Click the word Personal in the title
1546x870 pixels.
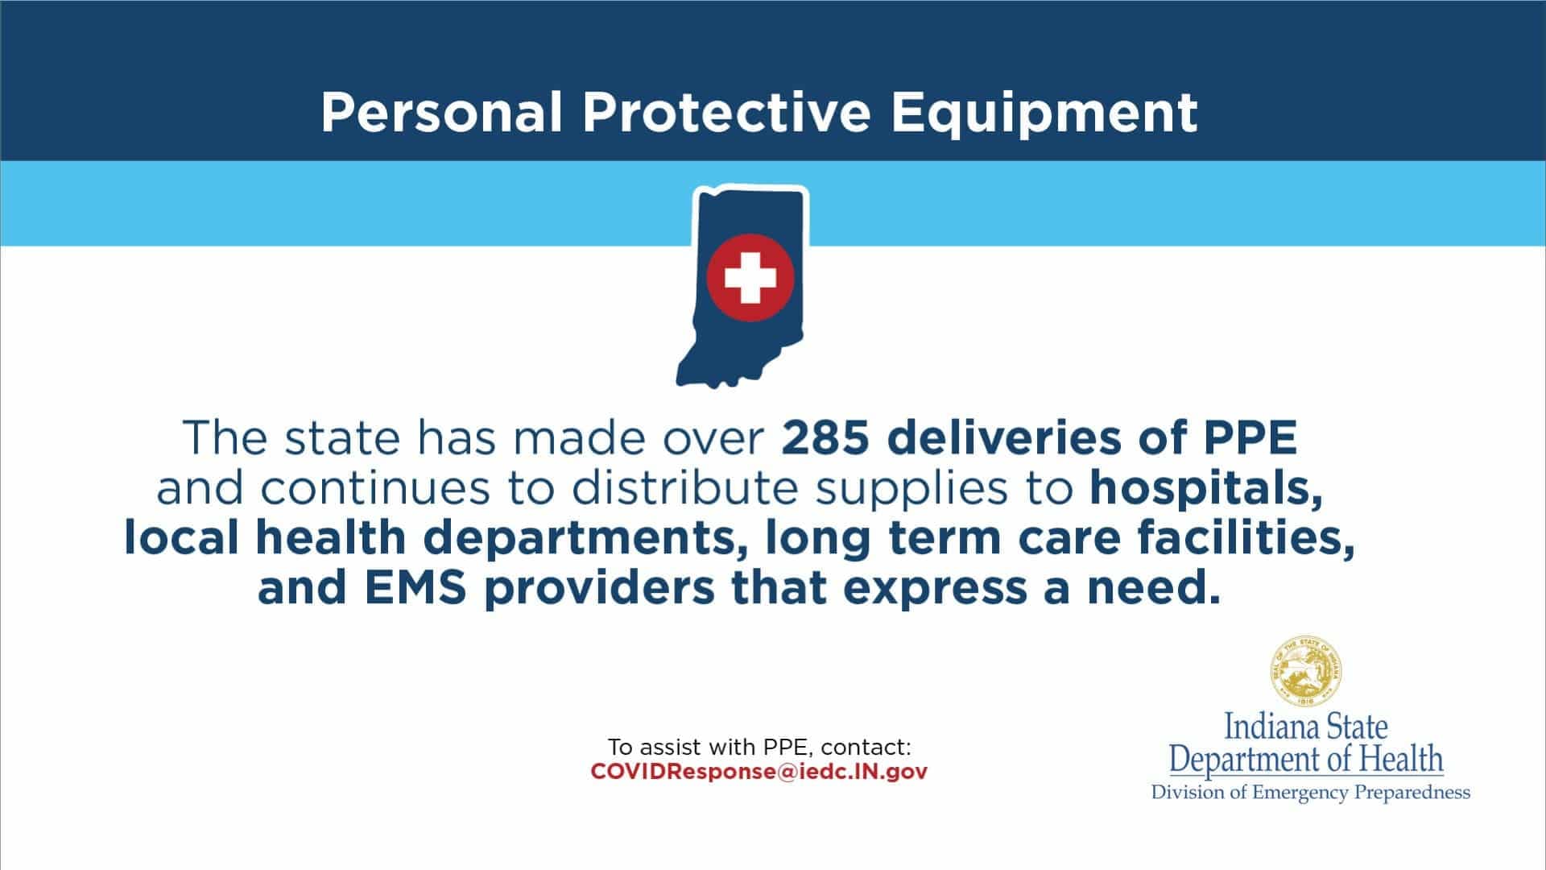(x=442, y=113)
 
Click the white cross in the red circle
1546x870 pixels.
(x=750, y=278)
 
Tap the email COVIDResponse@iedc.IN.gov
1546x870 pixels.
(x=759, y=772)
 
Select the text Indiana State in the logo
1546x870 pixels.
(x=1306, y=727)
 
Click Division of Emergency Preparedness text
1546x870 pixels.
(x=1311, y=793)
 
